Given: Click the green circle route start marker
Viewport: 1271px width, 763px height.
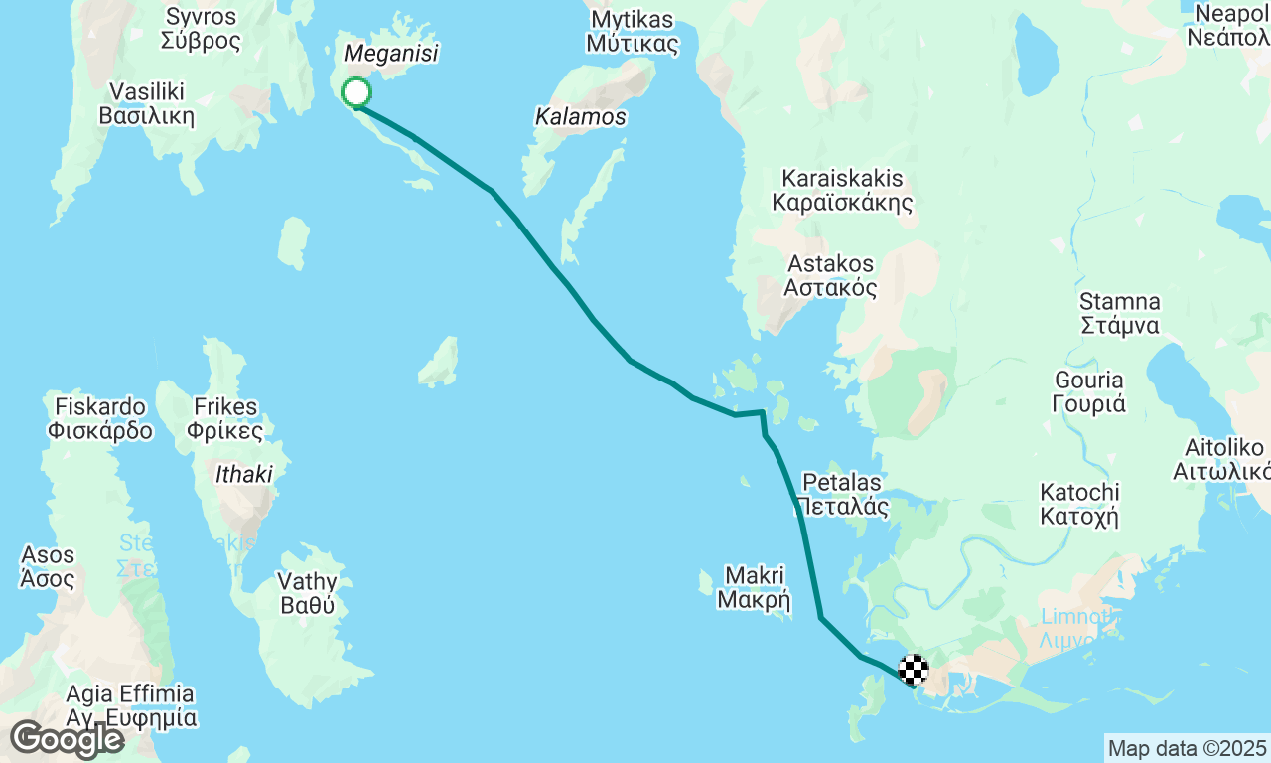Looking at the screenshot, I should click(x=356, y=92).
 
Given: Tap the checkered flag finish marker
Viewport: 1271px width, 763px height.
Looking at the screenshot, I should click(x=914, y=670).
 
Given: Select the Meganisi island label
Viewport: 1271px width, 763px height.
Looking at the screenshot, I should click(x=390, y=54).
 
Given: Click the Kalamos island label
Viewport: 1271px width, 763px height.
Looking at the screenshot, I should click(x=581, y=117).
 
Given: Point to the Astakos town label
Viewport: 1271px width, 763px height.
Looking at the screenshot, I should click(x=831, y=276).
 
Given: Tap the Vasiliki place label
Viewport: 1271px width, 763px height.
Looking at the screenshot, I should click(x=147, y=103).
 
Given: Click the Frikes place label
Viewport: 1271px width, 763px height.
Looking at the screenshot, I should click(x=226, y=418).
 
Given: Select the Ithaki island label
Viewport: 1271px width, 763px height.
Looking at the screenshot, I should click(x=244, y=475).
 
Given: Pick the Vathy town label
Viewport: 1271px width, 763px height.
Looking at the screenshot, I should click(x=307, y=592).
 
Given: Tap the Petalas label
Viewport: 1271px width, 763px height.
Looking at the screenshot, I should click(x=843, y=494).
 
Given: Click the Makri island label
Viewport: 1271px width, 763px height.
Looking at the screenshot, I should click(x=755, y=587).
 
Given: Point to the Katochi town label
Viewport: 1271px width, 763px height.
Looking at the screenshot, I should click(x=1079, y=504).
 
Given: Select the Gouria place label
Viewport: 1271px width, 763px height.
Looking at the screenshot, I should click(x=1088, y=391).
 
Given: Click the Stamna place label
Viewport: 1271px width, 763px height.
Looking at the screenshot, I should click(x=1120, y=313).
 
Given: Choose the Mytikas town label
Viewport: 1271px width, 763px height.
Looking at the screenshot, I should click(x=632, y=32).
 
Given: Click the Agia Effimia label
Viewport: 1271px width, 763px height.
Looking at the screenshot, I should click(x=130, y=705).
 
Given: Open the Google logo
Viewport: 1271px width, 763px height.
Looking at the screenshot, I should click(x=67, y=739).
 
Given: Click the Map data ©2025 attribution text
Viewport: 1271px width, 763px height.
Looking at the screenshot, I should click(x=1187, y=748).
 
